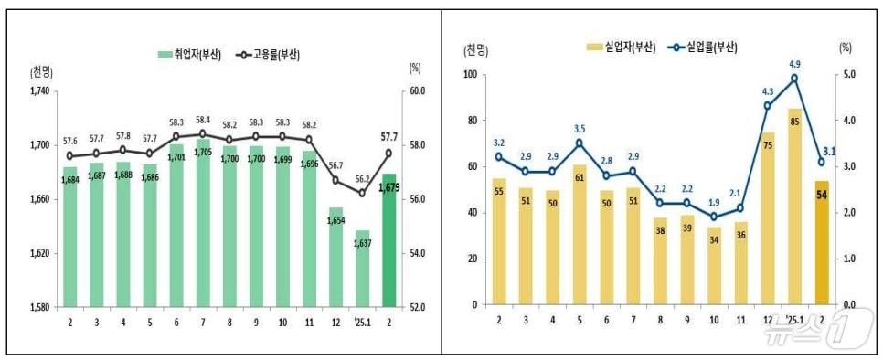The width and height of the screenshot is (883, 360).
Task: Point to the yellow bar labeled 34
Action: pos(714,265)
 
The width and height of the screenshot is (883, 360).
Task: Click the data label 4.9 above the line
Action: pos(795,64)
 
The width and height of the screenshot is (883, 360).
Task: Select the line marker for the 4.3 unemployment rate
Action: pos(768,106)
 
